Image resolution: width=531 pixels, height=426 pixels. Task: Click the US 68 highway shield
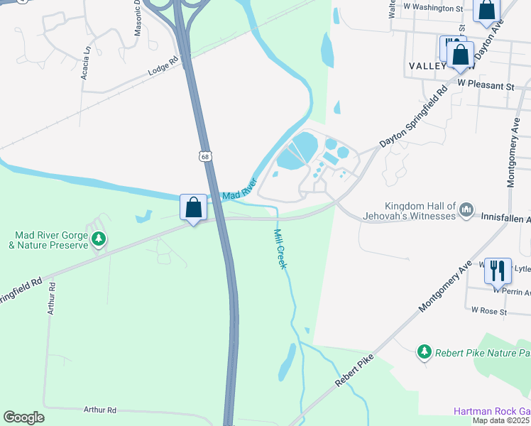tap(204, 156)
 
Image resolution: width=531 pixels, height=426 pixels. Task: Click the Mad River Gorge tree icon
tap(100, 239)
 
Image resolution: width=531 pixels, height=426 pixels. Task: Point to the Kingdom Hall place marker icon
tap(466, 209)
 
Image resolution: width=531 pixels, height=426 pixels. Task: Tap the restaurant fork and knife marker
tap(498, 270)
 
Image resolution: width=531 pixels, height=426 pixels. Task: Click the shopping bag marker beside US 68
tap(194, 208)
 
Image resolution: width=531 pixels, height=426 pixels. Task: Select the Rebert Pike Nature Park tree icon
tap(425, 351)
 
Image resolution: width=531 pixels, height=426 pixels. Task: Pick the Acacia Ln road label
tap(86, 62)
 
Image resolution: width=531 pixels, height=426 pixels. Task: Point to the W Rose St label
tap(489, 311)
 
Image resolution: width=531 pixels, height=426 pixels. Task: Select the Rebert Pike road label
tap(354, 372)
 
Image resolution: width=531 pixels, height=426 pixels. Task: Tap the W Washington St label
tap(432, 7)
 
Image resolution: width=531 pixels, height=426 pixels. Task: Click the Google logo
tap(23, 417)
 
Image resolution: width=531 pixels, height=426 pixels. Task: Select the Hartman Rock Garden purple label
tap(492, 412)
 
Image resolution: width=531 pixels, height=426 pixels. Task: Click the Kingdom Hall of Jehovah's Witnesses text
tap(420, 210)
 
